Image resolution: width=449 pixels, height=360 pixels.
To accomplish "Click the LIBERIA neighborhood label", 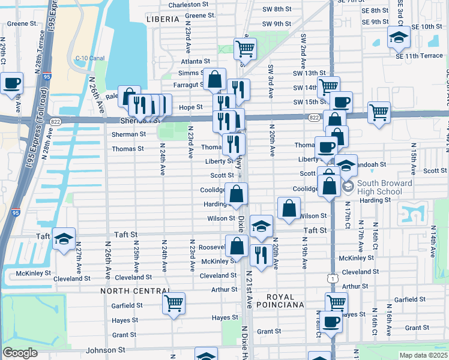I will [163, 19].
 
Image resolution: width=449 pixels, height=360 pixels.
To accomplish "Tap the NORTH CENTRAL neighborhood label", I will [132, 291].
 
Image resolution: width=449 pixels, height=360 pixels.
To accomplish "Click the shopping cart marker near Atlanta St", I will [244, 49].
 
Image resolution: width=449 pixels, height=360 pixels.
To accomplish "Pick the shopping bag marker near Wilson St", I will [289, 209].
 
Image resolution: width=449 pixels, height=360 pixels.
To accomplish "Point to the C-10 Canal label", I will [88, 58].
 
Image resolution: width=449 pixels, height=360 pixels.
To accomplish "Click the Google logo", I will [20, 353].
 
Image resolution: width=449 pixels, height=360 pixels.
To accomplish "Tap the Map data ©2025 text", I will [423, 355].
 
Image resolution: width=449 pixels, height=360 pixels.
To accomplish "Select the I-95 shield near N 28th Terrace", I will [47, 77].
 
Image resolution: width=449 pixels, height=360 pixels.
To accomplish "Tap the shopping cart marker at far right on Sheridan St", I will [379, 112].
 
